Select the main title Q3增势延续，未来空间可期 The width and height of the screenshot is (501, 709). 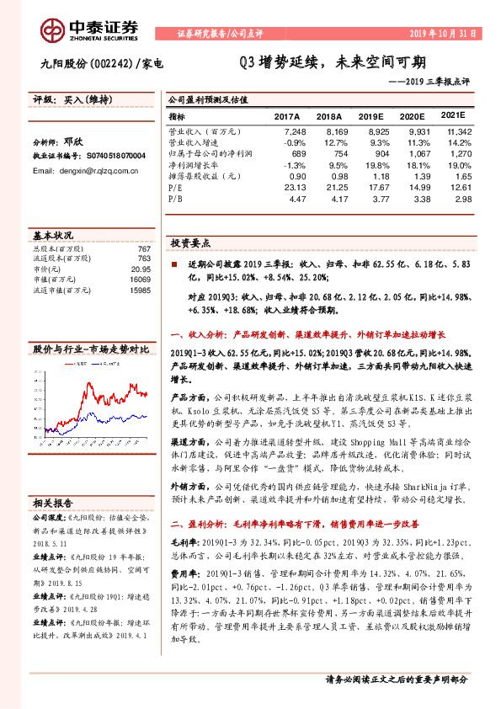pos(332,62)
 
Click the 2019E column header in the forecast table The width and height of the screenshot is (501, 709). pos(372,117)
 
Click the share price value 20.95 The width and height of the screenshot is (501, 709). pos(141,267)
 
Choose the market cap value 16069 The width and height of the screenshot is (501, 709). pos(139,278)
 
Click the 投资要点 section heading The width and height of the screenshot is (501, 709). pos(190,242)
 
